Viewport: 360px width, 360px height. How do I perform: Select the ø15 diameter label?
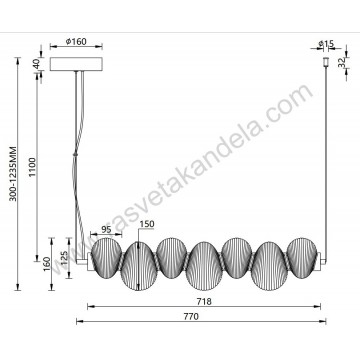[x=324, y=43]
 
